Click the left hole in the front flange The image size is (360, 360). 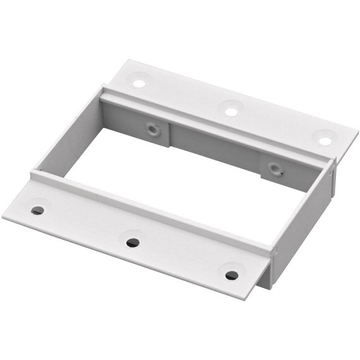point(38,210)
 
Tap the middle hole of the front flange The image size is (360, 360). point(133,243)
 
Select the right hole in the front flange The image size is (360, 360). point(232,275)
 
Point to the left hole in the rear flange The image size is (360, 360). point(138,83)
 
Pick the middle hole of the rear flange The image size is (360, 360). point(231,112)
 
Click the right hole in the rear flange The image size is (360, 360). point(325,141)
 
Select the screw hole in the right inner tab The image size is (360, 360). point(274,169)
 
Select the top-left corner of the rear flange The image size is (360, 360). point(128,61)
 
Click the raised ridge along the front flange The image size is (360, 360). point(152,209)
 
